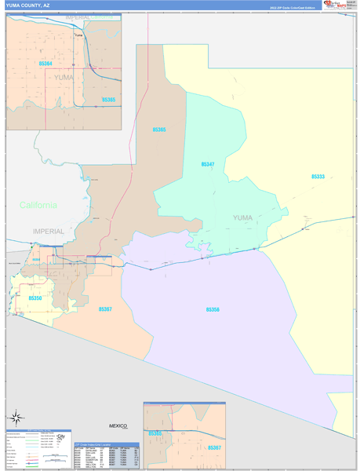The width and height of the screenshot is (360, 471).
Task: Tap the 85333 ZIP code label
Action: [x=318, y=177]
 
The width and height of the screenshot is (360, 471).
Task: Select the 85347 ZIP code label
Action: [x=207, y=165]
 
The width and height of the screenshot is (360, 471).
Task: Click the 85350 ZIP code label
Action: [x=35, y=298]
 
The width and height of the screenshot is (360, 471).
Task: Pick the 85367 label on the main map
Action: [x=105, y=309]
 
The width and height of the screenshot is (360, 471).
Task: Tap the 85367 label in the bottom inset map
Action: [x=213, y=447]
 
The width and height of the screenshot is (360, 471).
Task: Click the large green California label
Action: [x=38, y=205]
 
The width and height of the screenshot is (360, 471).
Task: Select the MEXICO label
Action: [x=118, y=425]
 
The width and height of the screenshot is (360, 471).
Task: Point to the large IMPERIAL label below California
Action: [x=49, y=231]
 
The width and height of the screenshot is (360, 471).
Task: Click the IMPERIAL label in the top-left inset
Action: [x=78, y=16]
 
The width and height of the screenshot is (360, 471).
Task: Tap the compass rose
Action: [x=14, y=416]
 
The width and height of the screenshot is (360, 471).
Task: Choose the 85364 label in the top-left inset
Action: [x=45, y=63]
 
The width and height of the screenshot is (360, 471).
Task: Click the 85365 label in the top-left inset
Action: [x=108, y=100]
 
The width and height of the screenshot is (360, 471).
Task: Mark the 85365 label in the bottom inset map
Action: [x=155, y=433]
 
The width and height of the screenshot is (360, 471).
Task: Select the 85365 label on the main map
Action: [x=159, y=129]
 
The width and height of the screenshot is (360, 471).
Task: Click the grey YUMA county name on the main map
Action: [x=244, y=217]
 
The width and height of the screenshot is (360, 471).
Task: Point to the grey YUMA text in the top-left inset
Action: [x=64, y=78]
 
